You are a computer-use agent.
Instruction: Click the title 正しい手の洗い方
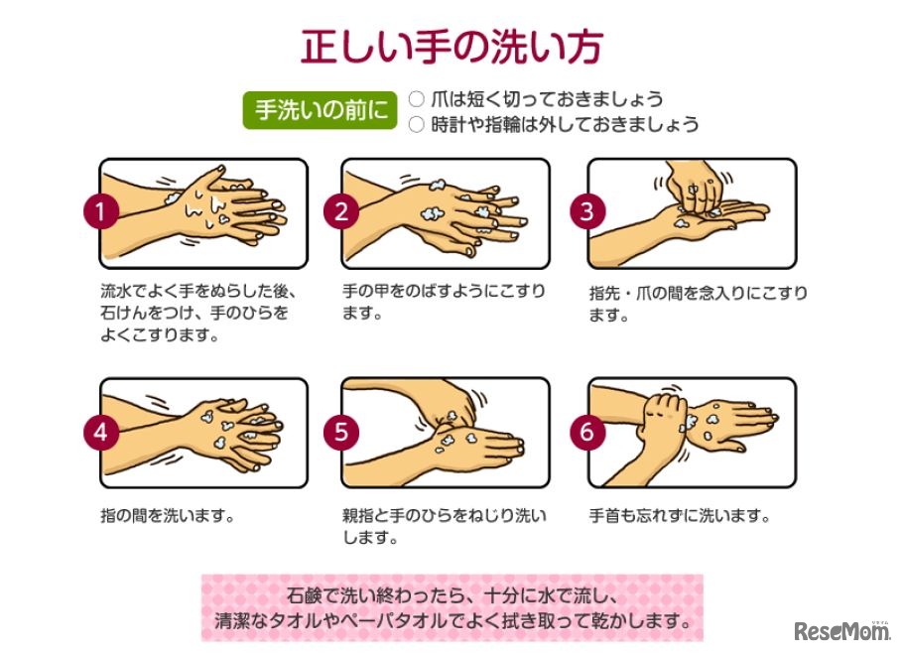452,46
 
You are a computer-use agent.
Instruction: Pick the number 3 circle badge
587,211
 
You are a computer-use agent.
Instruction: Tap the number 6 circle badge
587,432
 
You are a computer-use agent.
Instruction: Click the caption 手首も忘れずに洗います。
680,516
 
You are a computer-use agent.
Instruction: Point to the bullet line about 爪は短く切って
536,99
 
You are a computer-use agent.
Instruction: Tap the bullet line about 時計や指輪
554,125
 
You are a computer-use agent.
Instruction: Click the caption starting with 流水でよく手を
198,314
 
